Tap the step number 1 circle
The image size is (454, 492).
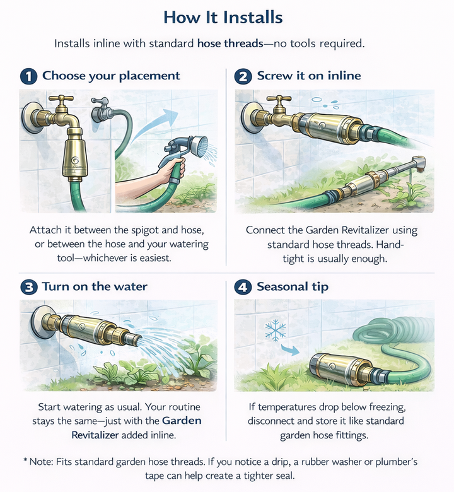(28, 76)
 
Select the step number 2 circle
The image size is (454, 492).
(243, 76)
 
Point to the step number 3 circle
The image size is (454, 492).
(28, 287)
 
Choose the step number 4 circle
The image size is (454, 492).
(243, 287)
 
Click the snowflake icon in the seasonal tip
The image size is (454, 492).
(275, 329)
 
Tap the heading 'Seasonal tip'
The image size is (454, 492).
(293, 287)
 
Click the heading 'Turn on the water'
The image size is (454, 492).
(95, 287)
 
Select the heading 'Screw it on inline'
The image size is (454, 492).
(308, 76)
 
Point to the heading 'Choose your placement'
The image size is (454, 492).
(111, 76)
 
